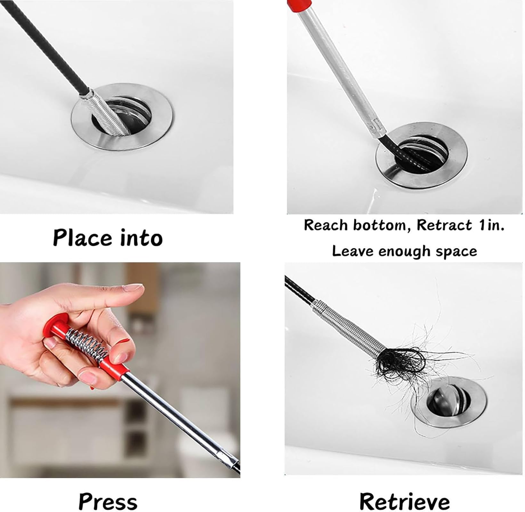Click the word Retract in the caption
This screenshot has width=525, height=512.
[444, 225]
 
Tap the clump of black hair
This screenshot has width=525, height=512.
[399, 363]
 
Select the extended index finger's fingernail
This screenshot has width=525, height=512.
[133, 287]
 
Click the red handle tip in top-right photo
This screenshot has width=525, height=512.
[299, 4]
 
